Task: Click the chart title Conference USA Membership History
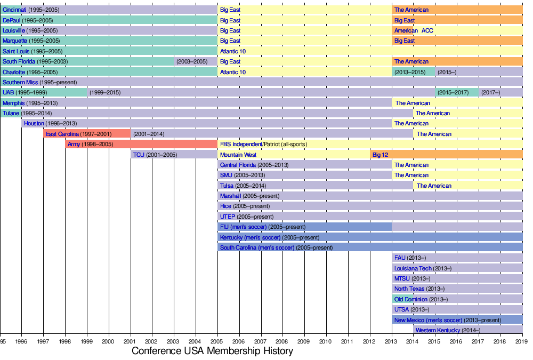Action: [212, 351]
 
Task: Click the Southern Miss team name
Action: [20, 83]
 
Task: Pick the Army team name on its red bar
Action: [74, 145]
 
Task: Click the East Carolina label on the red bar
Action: [62, 134]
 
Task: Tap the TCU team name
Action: [139, 155]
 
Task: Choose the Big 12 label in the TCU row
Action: [380, 155]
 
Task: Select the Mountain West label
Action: [238, 155]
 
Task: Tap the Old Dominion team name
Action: [411, 300]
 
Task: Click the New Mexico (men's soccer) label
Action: [428, 321]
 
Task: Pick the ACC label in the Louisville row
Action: [427, 31]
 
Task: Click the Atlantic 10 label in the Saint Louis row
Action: [233, 52]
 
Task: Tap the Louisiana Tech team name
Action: [413, 269]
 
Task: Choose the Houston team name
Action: [34, 124]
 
